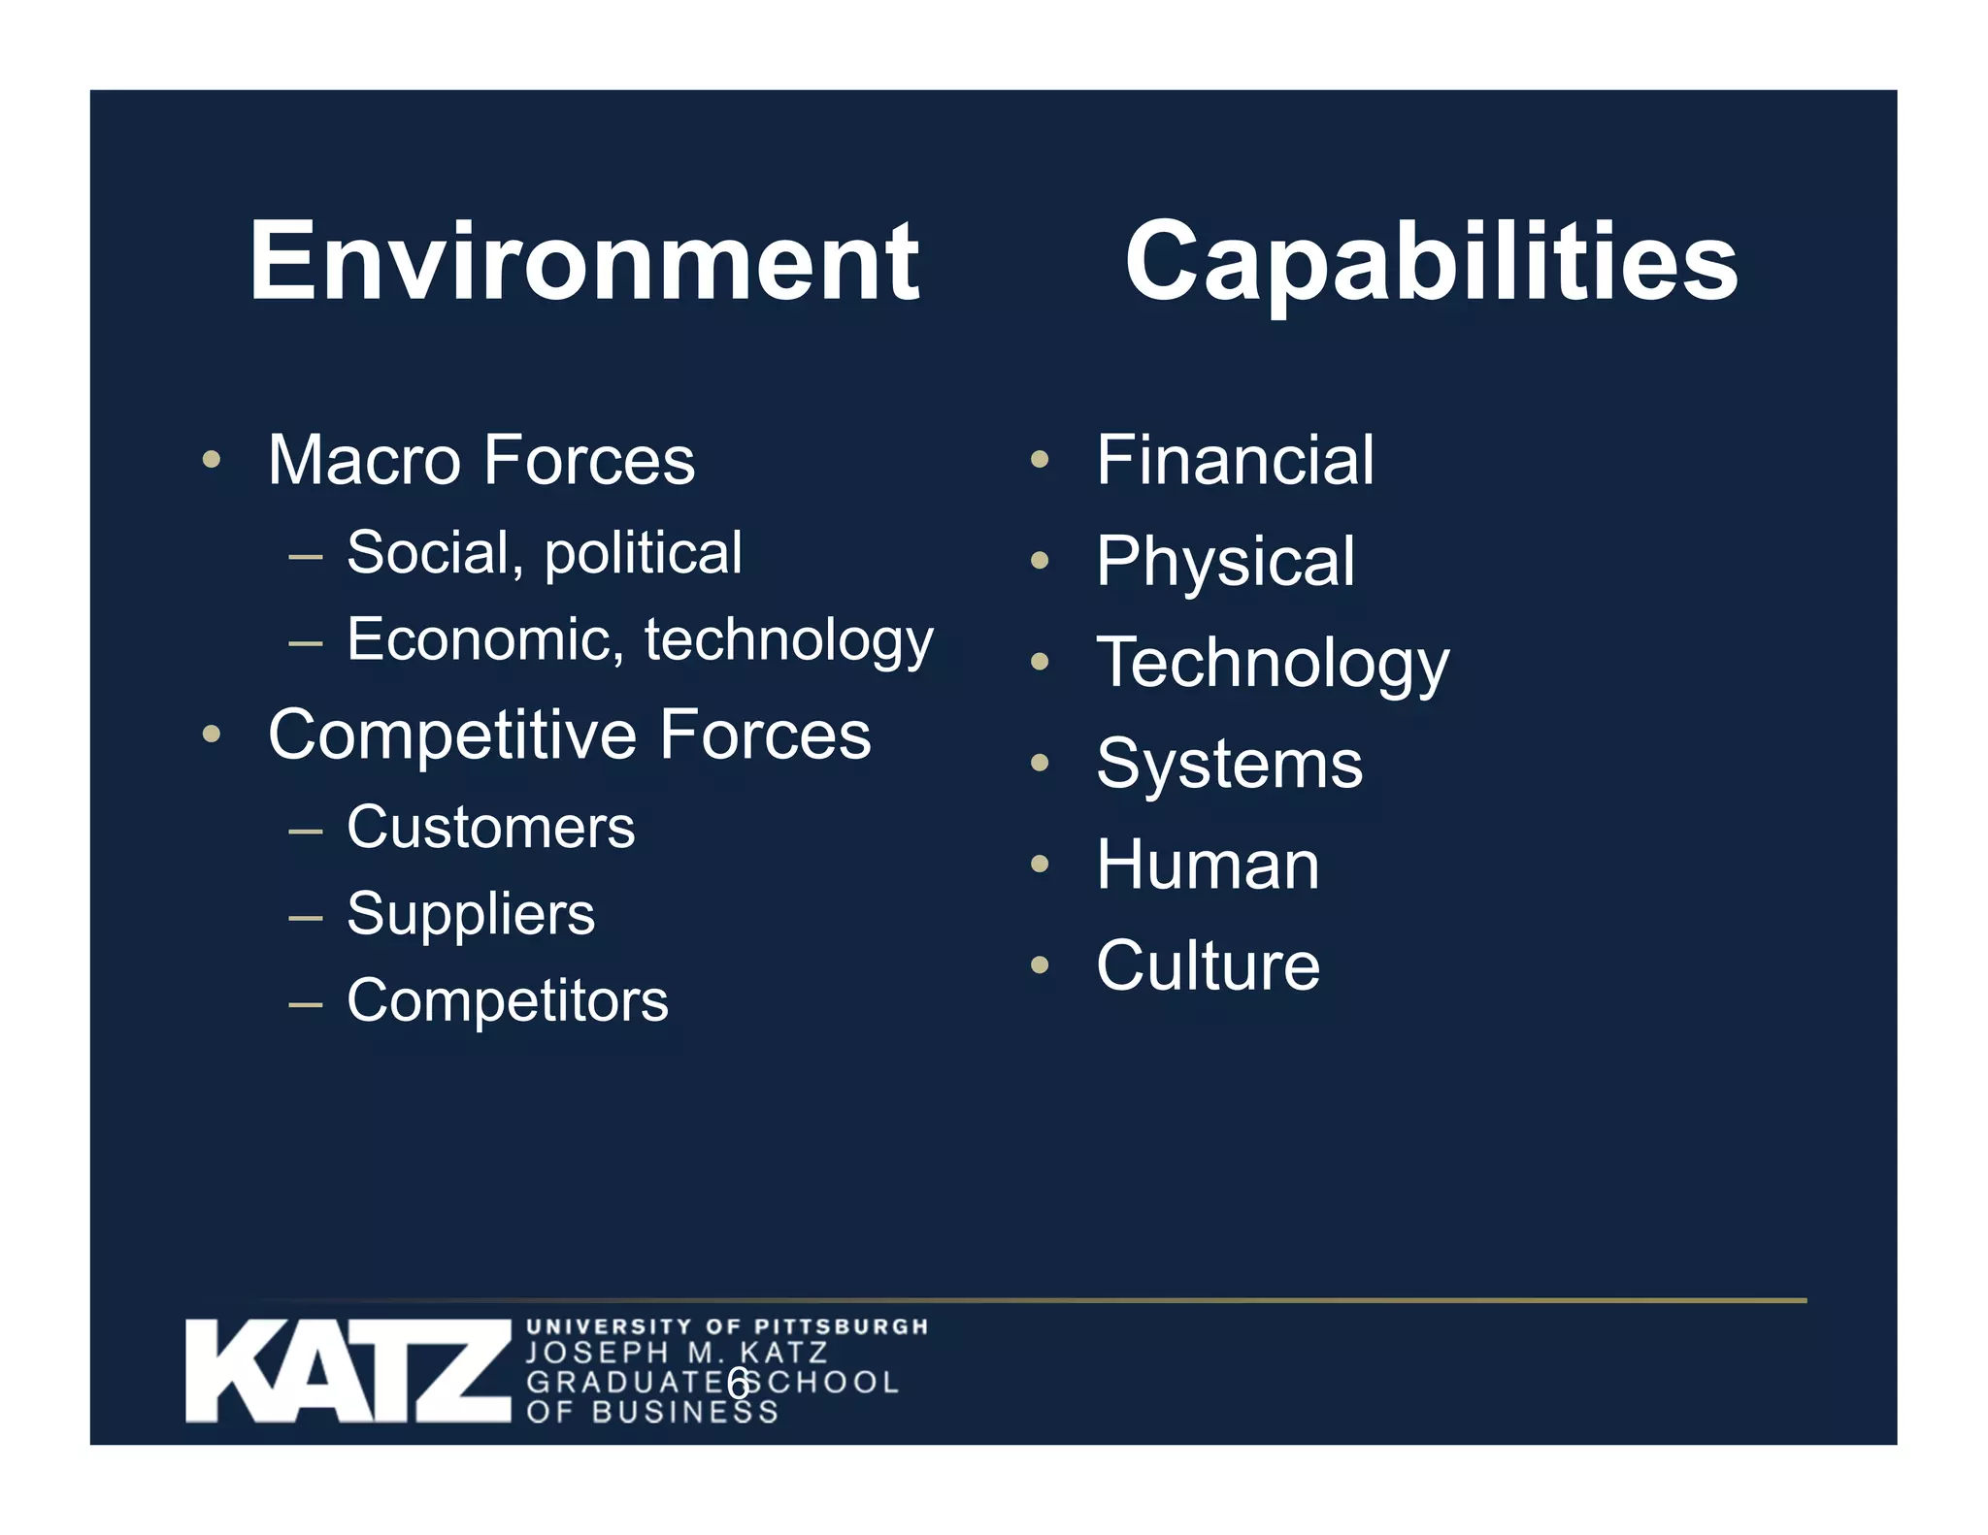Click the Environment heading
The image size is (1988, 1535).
click(x=583, y=262)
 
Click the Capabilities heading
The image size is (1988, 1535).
click(x=1431, y=262)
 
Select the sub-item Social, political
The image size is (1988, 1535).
click(x=544, y=553)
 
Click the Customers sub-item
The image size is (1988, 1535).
click(x=490, y=828)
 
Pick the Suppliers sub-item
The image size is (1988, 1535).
click(x=471, y=915)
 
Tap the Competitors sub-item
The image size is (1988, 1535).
click(x=507, y=1000)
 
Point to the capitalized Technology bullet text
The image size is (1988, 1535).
click(x=1272, y=664)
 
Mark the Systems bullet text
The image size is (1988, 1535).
click(x=1229, y=764)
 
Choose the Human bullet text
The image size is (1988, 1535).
click(x=1208, y=865)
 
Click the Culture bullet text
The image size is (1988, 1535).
click(x=1208, y=965)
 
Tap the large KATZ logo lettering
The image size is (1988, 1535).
click(x=348, y=1371)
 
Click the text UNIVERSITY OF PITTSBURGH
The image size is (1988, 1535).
click(x=727, y=1326)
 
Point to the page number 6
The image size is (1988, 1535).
click(x=738, y=1384)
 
